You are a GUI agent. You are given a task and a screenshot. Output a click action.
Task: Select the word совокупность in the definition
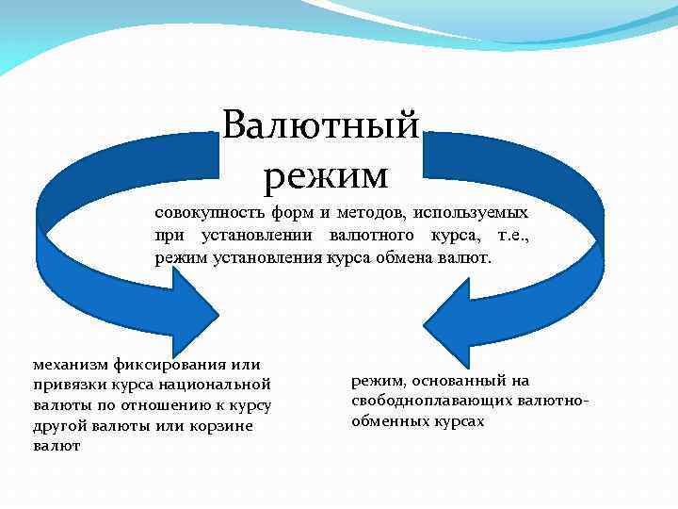pos(203,213)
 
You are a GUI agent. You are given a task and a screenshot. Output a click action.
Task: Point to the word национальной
pos(217,385)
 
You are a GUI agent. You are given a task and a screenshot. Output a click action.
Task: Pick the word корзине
pos(227,426)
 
